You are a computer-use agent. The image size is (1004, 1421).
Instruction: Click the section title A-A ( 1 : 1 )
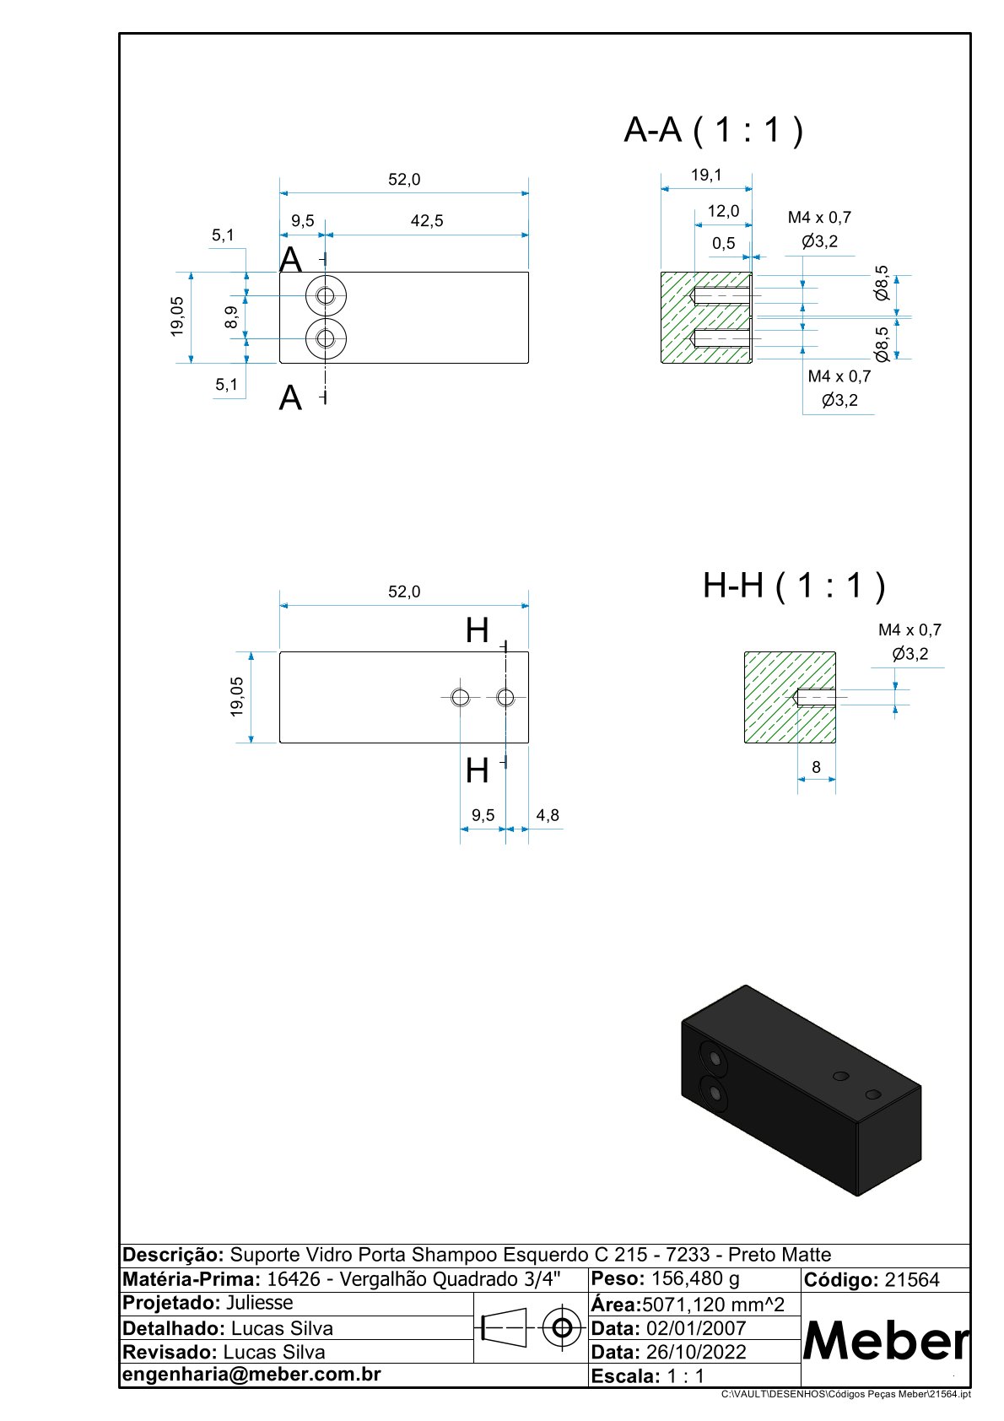click(x=713, y=130)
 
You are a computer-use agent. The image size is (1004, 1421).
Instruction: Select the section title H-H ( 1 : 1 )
click(x=794, y=585)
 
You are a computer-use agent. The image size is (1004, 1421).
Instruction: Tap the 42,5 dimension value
click(x=427, y=221)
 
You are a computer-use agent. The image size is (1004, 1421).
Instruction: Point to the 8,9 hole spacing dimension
click(x=231, y=317)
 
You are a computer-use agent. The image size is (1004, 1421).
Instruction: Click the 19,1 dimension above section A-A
click(x=706, y=176)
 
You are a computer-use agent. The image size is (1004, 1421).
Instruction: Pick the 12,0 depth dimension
click(x=723, y=211)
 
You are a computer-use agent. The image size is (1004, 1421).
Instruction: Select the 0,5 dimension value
click(x=723, y=243)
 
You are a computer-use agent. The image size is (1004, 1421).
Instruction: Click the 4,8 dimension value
click(x=548, y=815)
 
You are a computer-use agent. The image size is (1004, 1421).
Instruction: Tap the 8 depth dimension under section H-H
click(x=816, y=767)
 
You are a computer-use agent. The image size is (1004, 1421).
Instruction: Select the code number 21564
click(x=912, y=1280)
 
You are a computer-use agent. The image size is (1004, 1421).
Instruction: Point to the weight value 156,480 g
click(x=695, y=1278)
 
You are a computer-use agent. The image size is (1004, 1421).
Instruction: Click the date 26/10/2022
click(x=696, y=1352)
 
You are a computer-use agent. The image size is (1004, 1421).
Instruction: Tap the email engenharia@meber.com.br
click(x=251, y=1374)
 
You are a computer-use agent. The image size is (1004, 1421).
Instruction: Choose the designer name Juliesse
click(x=260, y=1303)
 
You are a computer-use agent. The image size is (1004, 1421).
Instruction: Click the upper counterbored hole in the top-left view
click(x=326, y=295)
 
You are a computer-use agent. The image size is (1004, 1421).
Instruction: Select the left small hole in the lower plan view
click(x=460, y=697)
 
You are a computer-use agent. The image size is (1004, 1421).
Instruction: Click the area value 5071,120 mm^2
click(x=714, y=1305)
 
